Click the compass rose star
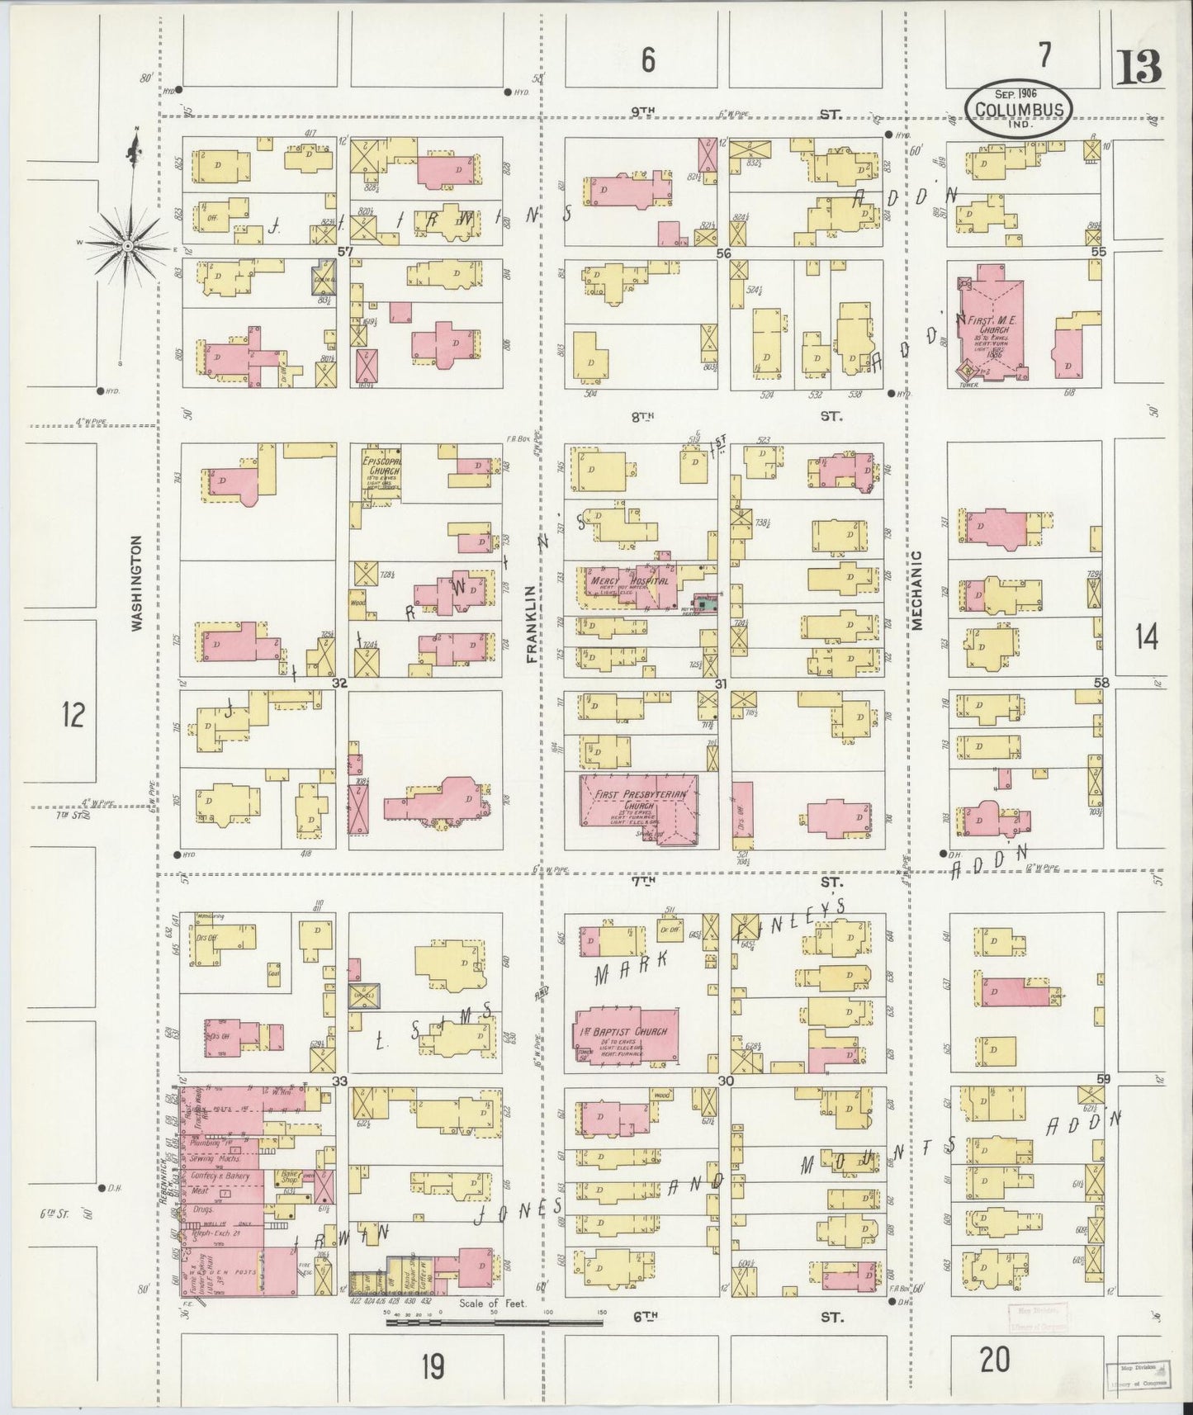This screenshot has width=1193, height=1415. click(129, 246)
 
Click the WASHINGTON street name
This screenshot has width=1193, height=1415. click(137, 583)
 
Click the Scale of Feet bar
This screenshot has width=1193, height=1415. click(493, 1323)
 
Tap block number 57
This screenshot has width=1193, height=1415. click(345, 251)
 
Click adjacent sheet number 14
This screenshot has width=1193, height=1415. click(1145, 637)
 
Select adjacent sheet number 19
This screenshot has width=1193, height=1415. click(432, 1367)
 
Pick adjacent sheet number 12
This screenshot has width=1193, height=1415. click(73, 714)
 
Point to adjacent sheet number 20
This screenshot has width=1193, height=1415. click(996, 1359)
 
